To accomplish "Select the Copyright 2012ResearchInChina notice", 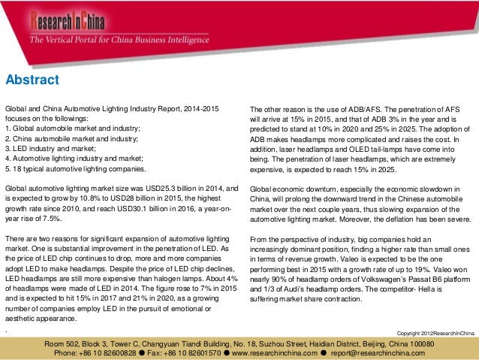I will pos(435,332).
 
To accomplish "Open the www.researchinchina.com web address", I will pos(272,352).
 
